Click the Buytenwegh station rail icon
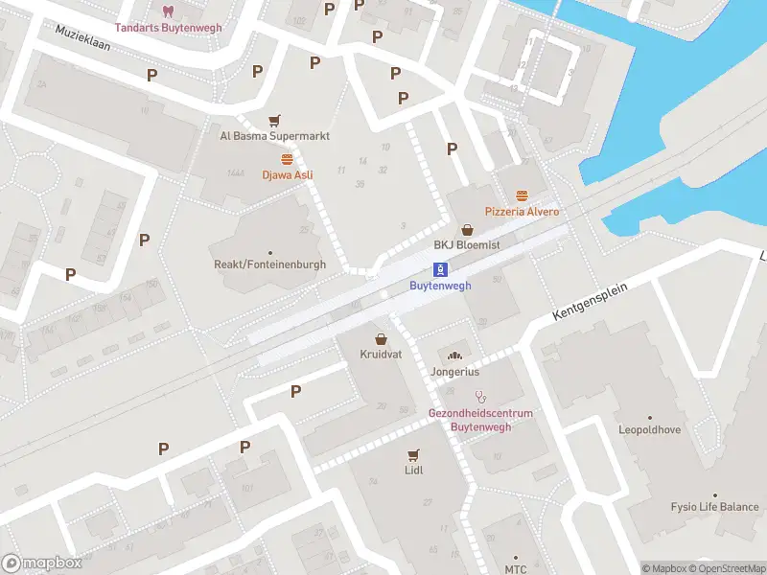[440, 269]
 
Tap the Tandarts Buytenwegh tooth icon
[168, 11]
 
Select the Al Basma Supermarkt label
[274, 136]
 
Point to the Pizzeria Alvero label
[522, 211]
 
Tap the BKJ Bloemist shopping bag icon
[467, 230]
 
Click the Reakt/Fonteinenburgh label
[269, 264]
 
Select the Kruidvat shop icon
[382, 339]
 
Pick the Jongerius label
[455, 371]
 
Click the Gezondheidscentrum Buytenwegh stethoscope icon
[481, 397]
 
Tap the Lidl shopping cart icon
[413, 454]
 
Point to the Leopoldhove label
[649, 430]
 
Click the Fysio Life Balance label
[714, 507]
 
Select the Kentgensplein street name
[595, 303]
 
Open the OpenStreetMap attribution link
[726, 568]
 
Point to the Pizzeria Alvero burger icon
[522, 195]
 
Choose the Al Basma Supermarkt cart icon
[275, 121]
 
